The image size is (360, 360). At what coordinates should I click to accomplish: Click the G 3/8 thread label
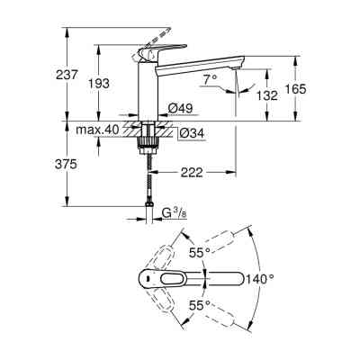pos(174,213)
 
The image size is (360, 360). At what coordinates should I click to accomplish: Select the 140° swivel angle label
pos(261,280)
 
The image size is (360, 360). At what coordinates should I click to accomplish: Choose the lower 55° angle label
pos(200,305)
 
